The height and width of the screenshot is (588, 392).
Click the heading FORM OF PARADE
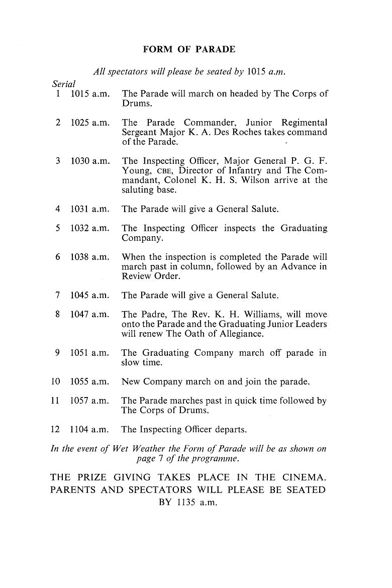[189, 49]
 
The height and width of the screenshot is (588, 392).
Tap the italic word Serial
[63, 83]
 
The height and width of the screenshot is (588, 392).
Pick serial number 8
[58, 314]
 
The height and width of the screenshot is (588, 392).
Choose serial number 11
[56, 401]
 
